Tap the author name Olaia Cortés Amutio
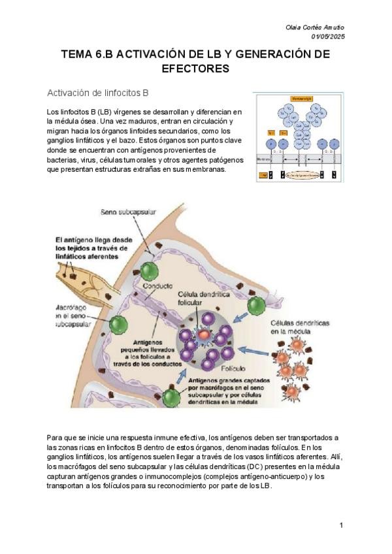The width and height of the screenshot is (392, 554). point(316,27)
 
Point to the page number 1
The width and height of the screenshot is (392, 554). point(341,525)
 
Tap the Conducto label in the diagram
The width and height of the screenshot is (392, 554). point(158,286)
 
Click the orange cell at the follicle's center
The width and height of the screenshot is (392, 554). point(204,334)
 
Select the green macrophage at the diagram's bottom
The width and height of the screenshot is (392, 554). point(172,396)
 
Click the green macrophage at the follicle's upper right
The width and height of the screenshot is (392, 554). point(256,305)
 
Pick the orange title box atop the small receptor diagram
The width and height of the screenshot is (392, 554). point(298,99)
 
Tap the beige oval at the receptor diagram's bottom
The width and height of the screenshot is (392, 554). point(299,175)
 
